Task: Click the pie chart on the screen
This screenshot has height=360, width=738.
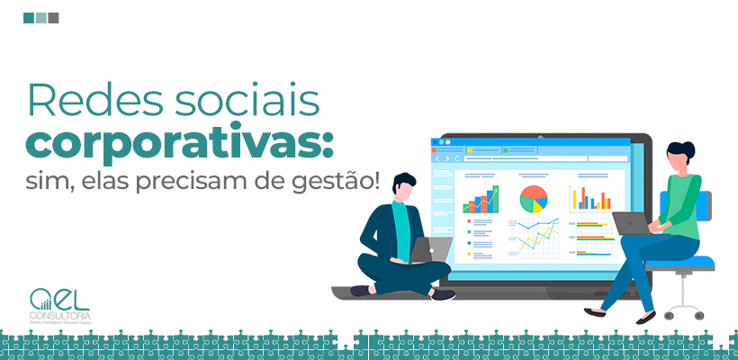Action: coord(533,199)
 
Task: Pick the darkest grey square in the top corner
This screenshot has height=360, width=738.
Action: coord(53,17)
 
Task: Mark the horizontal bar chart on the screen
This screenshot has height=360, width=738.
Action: coord(592,238)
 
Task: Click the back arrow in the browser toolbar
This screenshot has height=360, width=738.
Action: coord(437,158)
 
